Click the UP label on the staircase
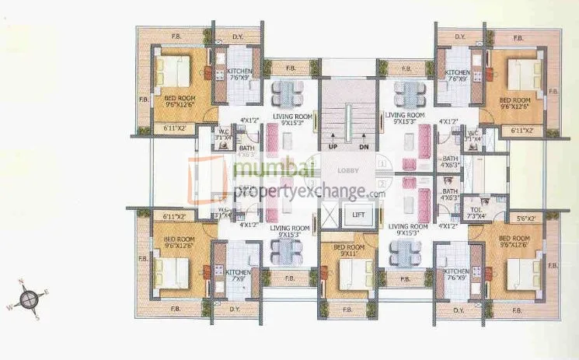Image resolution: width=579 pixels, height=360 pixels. (x=333, y=145)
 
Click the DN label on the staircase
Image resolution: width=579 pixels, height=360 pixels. (x=364, y=145)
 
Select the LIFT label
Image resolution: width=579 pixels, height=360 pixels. (x=358, y=214)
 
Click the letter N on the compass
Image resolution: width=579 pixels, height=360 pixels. (x=23, y=282)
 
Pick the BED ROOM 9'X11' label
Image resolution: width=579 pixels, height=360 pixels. (x=349, y=250)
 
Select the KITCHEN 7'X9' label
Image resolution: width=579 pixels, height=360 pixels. (x=239, y=274)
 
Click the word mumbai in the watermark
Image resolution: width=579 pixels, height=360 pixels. (x=268, y=169)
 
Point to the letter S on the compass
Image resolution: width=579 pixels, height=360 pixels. (x=37, y=314)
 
